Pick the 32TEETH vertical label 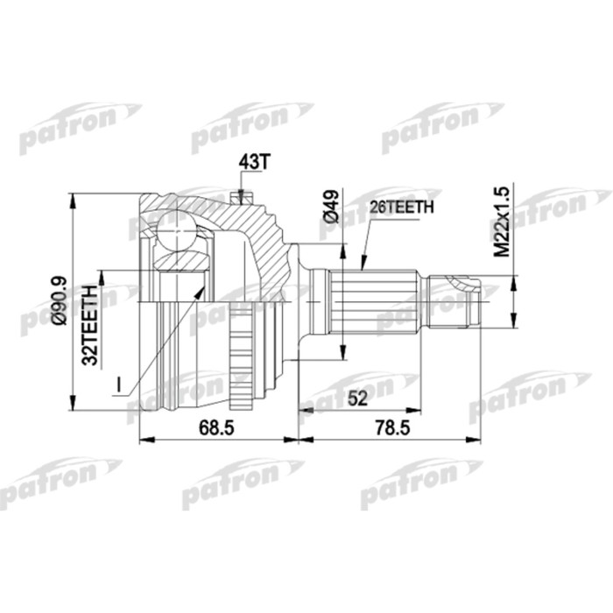point(88,323)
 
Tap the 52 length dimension point(356,399)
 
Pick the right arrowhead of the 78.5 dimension point(479,436)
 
